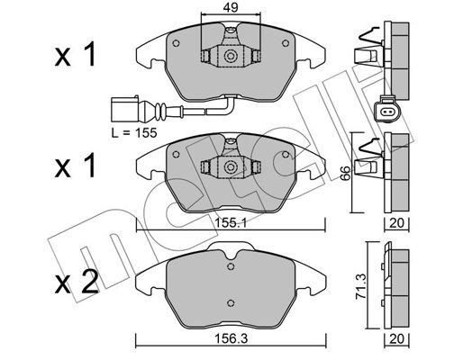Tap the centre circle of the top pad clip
coord(231,58)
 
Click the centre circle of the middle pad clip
coord(231,167)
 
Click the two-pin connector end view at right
coord(388,111)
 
